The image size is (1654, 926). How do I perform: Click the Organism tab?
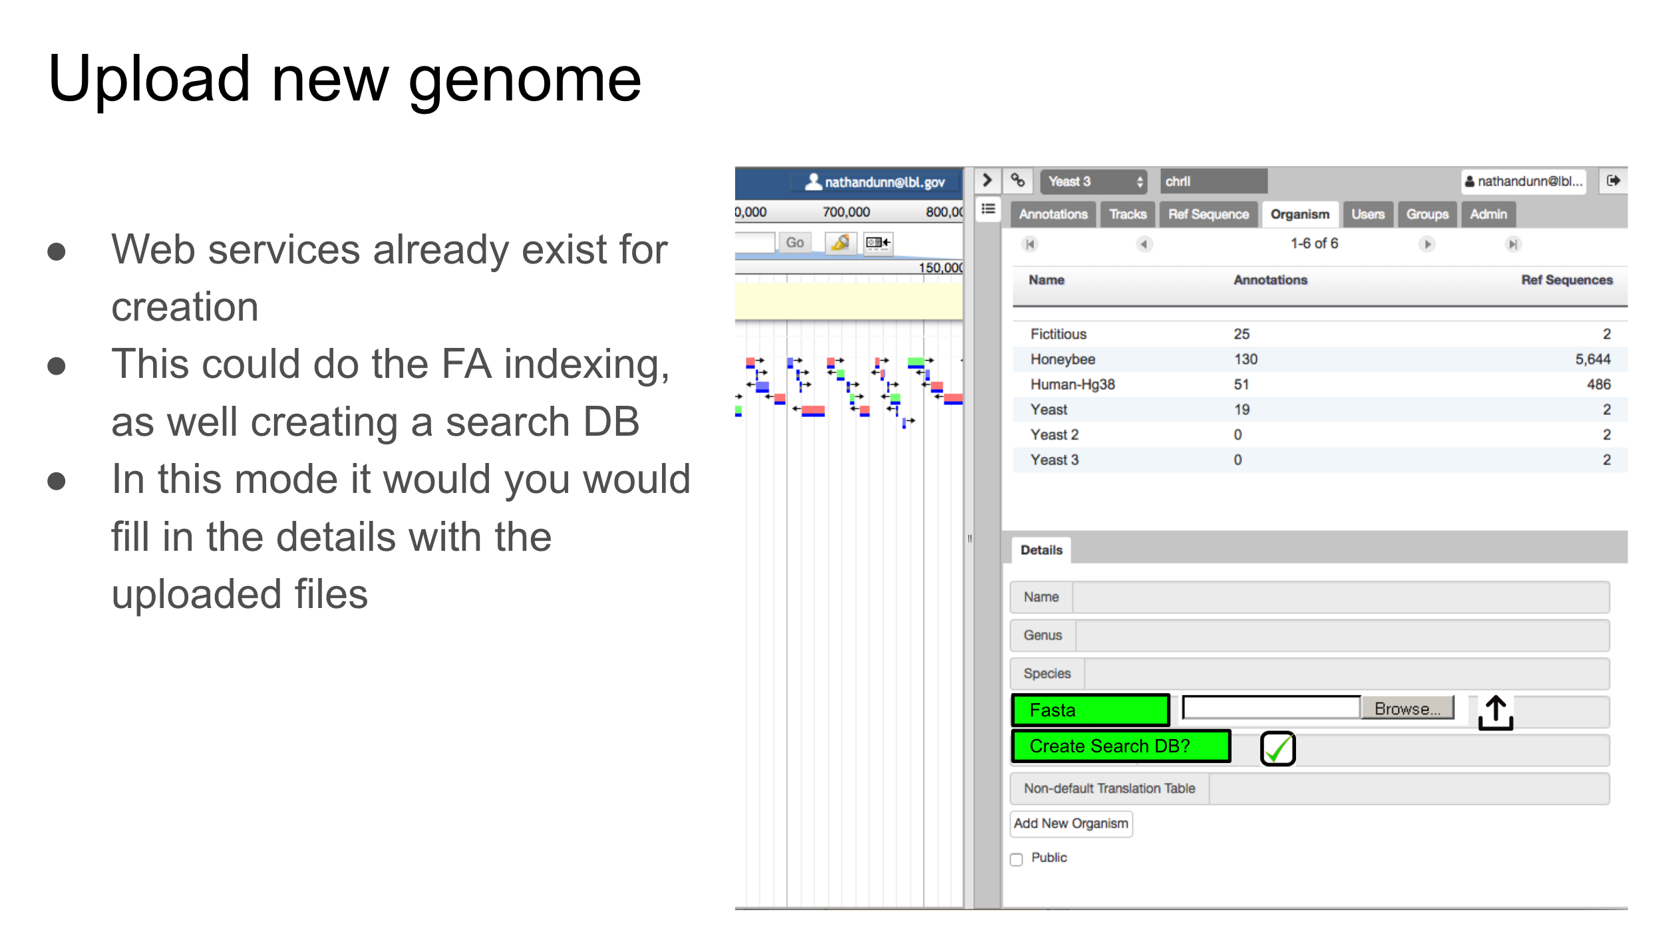click(x=1299, y=214)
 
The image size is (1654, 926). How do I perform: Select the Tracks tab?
click(x=1128, y=214)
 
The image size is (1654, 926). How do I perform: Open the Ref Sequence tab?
click(x=1208, y=214)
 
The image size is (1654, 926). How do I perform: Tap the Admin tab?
click(x=1488, y=214)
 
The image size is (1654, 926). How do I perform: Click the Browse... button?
click(x=1407, y=708)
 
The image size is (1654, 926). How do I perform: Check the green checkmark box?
click(x=1277, y=749)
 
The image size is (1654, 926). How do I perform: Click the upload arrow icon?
click(x=1495, y=712)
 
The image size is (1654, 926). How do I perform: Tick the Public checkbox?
click(x=1017, y=859)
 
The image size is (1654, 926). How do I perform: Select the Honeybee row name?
click(x=1063, y=359)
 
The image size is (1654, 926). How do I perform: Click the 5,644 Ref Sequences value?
click(x=1592, y=359)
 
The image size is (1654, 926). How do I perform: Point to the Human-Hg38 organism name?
click(x=1073, y=385)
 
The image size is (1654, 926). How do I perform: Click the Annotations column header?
click(x=1270, y=280)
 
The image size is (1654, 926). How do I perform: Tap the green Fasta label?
click(x=1090, y=710)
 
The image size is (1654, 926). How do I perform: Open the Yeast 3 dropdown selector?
click(x=1094, y=182)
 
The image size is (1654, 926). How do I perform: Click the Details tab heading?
click(x=1041, y=550)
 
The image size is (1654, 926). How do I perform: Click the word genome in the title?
click(x=524, y=80)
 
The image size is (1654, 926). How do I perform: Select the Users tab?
click(x=1368, y=214)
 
